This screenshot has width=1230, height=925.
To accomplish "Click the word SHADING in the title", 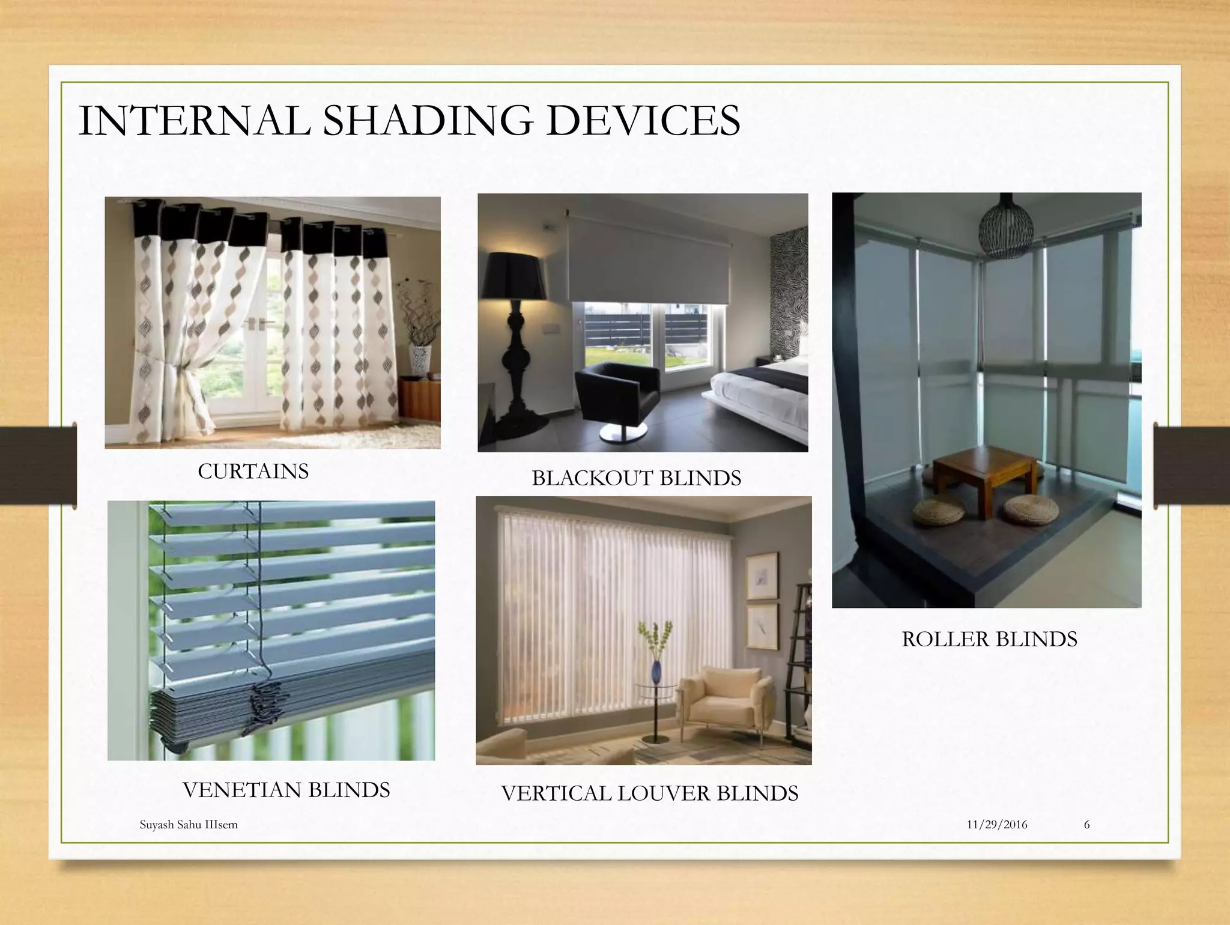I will [428, 121].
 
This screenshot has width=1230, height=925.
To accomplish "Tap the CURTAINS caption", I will [253, 472].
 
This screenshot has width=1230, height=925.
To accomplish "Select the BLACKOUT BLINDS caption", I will [636, 478].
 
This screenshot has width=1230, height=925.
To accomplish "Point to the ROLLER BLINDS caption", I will [989, 639].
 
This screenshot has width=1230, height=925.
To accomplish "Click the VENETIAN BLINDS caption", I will [286, 790].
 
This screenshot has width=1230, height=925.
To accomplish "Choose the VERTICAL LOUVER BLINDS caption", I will [649, 793].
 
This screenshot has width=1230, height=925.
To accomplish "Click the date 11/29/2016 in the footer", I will [997, 825].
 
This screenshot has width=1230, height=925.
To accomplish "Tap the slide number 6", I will [1086, 825].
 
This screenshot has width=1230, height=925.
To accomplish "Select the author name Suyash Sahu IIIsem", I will [189, 825].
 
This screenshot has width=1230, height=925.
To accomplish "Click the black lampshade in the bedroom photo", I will [516, 275].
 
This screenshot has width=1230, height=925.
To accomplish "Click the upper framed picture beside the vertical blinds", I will [762, 576].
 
